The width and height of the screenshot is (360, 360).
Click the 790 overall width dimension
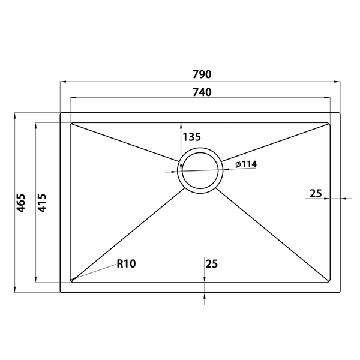tap(202, 74)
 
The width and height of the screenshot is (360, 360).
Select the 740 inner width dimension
tap(202, 92)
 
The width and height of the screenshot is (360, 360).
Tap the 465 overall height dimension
tap(21, 203)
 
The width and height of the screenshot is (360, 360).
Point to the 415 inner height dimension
tap(42, 203)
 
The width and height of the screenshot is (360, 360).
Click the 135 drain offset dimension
tap(191, 137)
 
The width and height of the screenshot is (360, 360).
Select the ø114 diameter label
tap(246, 164)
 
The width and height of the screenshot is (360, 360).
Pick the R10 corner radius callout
tap(126, 263)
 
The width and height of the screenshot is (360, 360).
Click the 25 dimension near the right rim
tap(316, 194)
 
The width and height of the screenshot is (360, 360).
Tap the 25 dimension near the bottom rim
tap(211, 264)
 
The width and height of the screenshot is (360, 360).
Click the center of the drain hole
tap(200, 170)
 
